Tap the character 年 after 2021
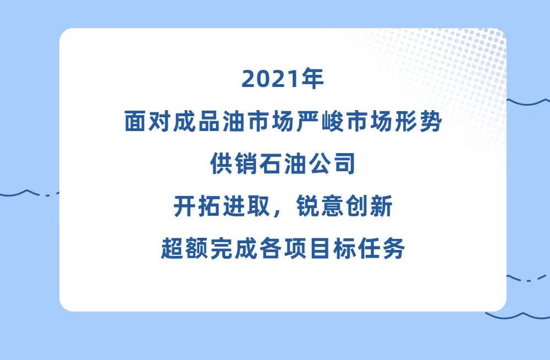(x=311, y=79)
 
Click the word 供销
(x=234, y=163)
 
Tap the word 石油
(x=283, y=163)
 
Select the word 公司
(x=332, y=163)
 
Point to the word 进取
(x=246, y=206)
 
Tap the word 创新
(x=369, y=206)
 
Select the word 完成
(x=234, y=248)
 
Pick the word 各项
(x=283, y=248)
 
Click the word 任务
(x=381, y=248)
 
